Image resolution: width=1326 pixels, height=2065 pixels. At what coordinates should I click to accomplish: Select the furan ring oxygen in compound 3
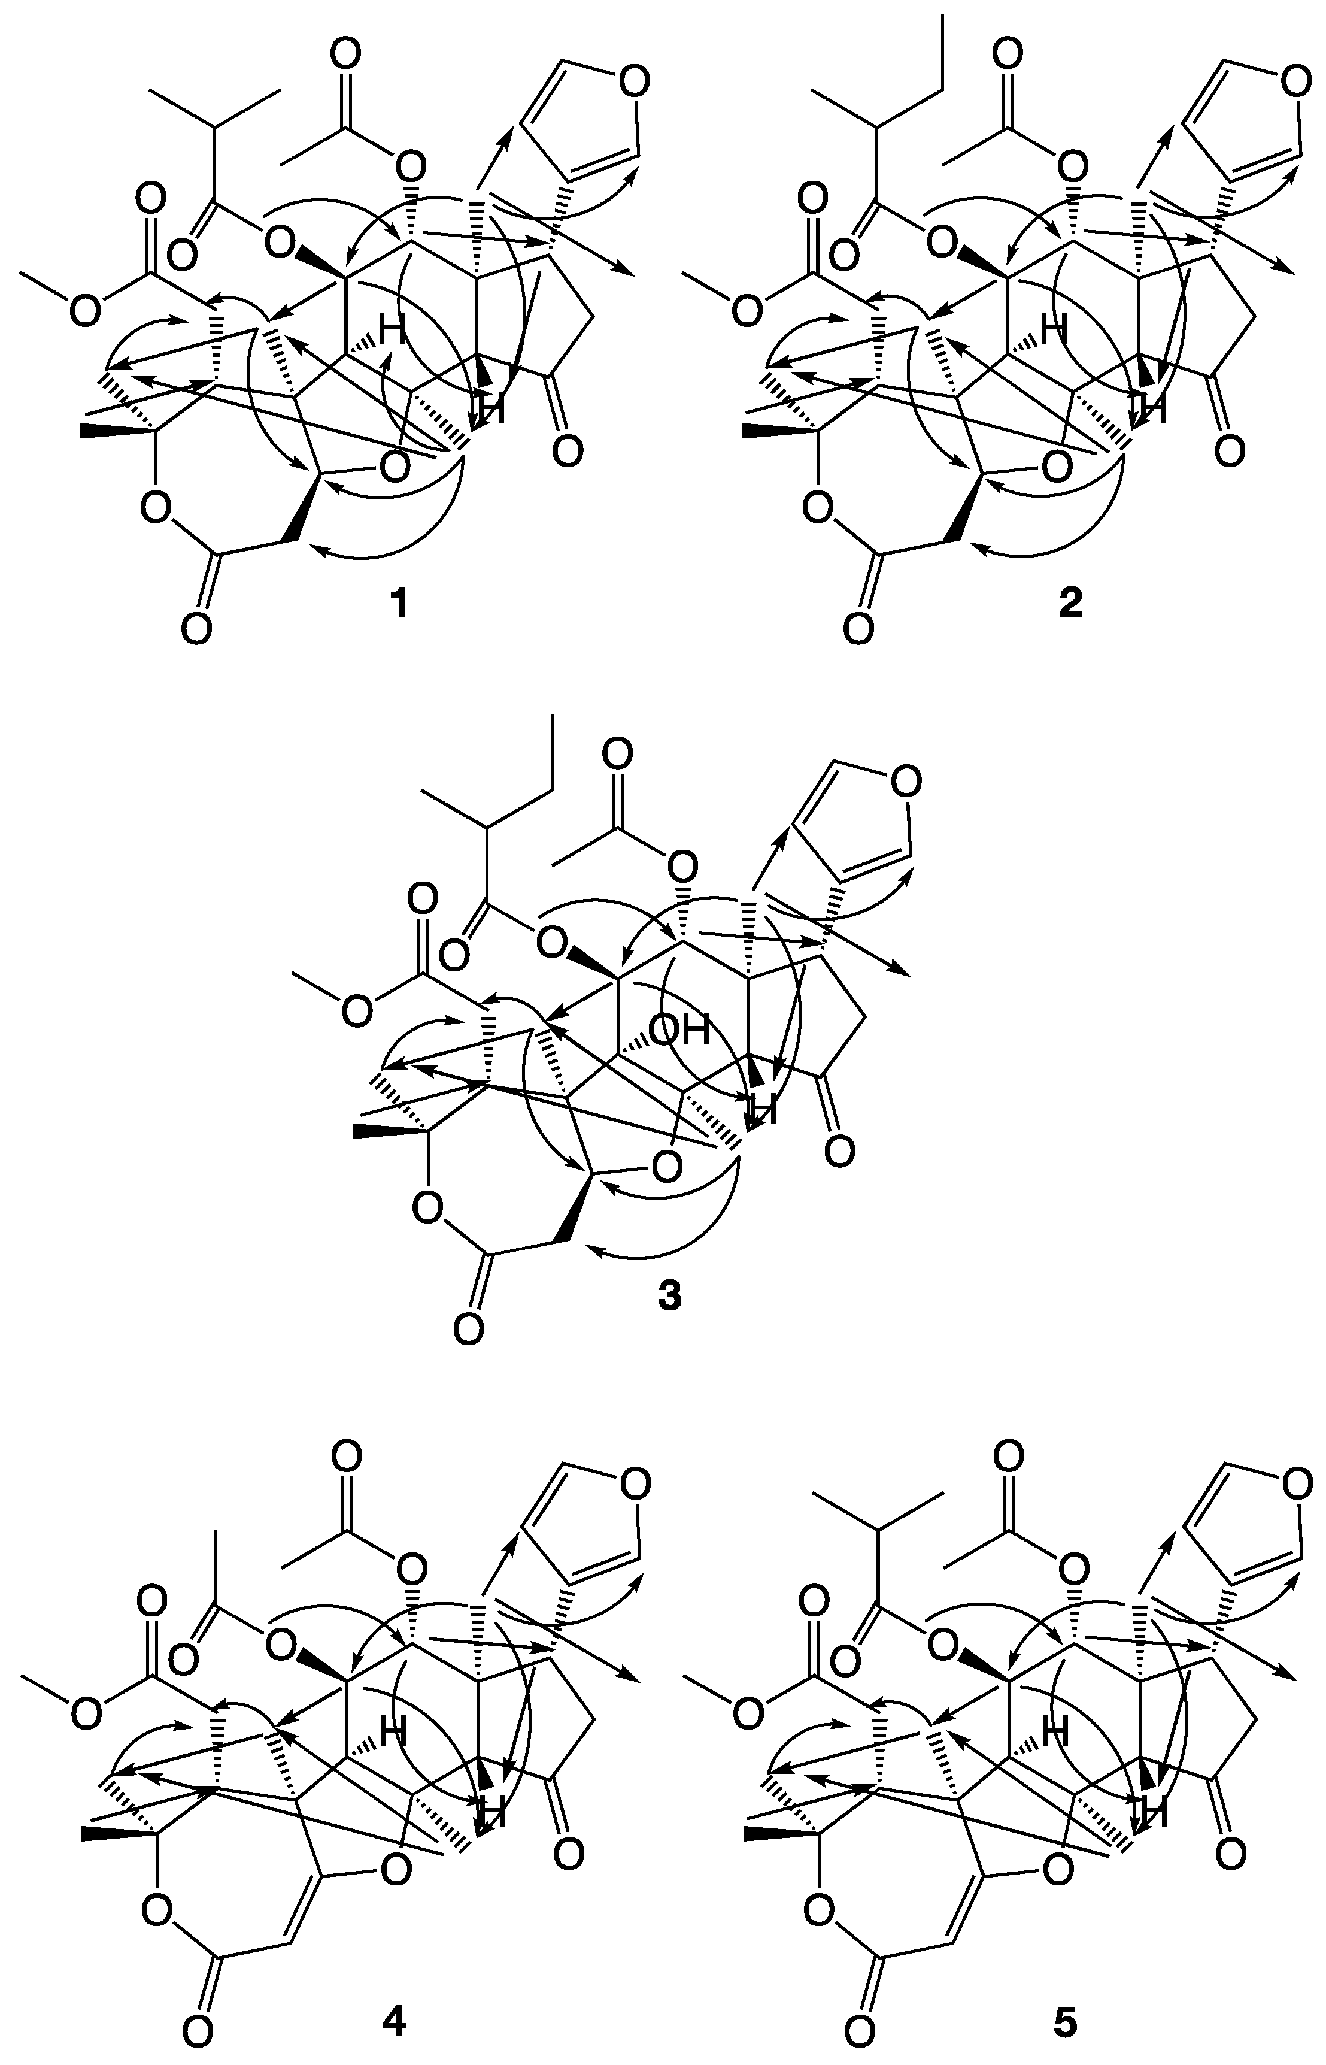tap(904, 783)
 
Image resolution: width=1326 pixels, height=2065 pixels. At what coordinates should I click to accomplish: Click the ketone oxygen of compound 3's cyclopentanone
tap(839, 1149)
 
